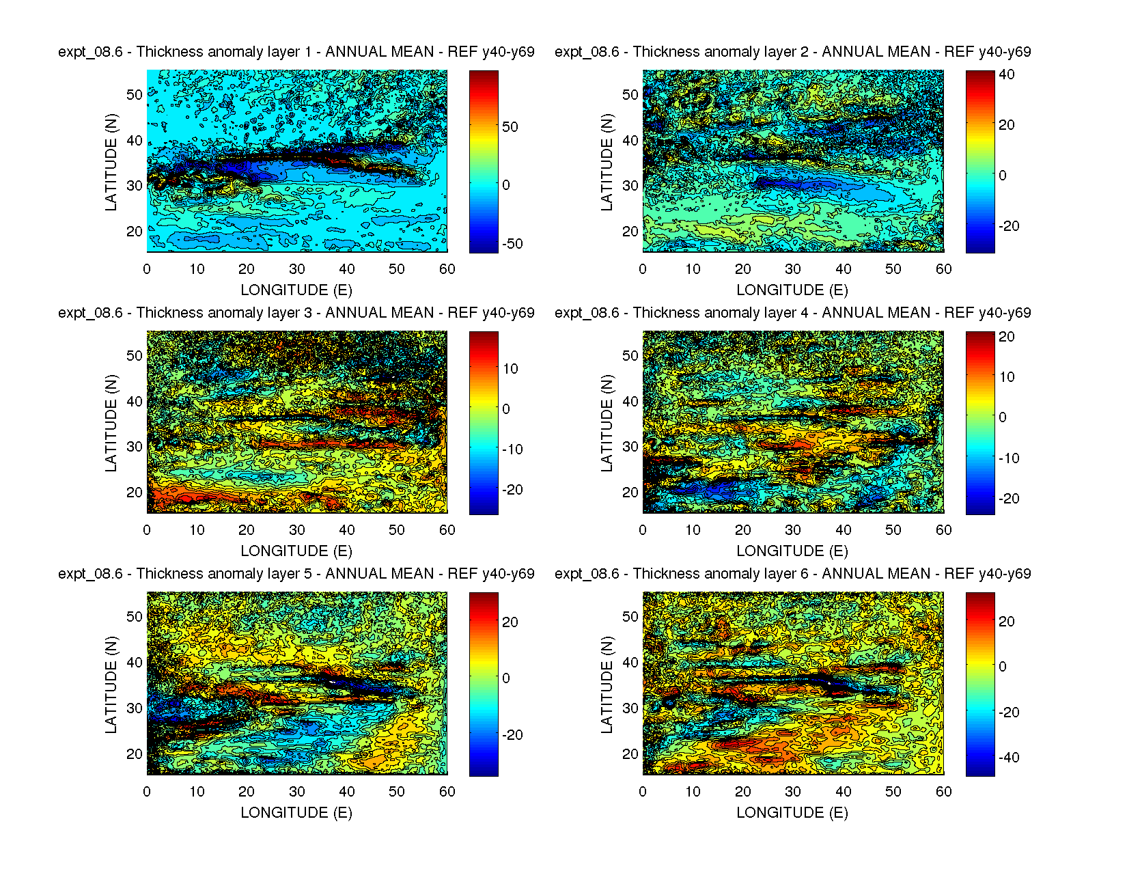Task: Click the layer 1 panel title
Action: click(296, 52)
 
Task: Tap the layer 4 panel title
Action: click(792, 313)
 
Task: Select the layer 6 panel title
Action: click(792, 574)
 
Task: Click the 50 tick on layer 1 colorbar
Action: click(510, 126)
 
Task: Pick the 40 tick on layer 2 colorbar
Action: click(1007, 74)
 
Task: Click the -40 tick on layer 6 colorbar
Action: click(1008, 757)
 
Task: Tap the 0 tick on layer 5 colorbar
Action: click(506, 678)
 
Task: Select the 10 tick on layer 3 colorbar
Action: click(510, 369)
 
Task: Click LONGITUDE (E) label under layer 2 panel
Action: click(792, 290)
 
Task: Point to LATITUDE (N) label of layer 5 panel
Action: click(111, 685)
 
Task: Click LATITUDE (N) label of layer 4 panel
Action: click(607, 423)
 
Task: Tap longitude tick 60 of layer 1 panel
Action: click(447, 269)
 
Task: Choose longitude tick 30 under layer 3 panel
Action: click(296, 530)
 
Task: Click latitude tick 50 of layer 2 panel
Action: click(630, 94)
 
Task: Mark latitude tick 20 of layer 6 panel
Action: click(630, 754)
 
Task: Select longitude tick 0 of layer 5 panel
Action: click(147, 792)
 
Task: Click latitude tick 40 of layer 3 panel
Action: click(135, 401)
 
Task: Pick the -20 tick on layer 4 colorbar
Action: click(1008, 498)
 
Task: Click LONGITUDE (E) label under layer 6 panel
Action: click(792, 812)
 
